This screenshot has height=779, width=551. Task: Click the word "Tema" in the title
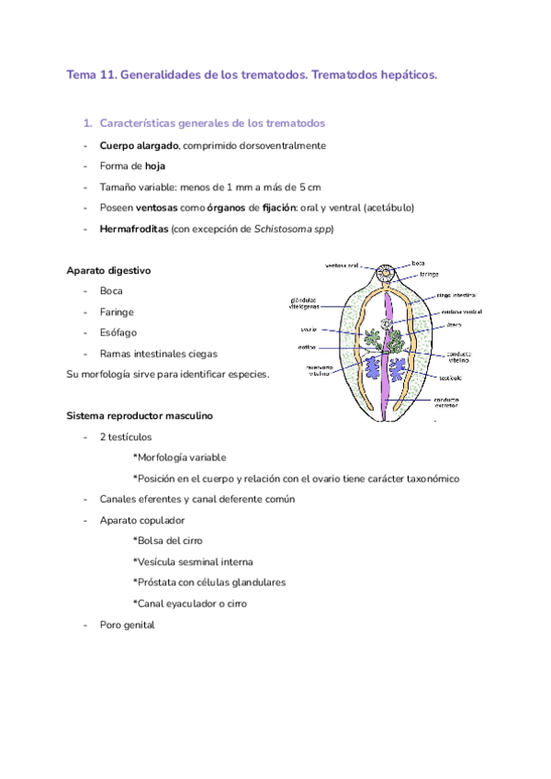point(81,74)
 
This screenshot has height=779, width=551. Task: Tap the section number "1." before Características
point(87,123)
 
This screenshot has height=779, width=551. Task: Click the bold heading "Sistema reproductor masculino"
point(140,415)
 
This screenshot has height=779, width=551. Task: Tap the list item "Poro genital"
point(127,625)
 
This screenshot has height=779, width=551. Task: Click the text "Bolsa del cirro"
point(168,540)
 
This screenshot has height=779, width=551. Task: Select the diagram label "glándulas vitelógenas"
point(304,303)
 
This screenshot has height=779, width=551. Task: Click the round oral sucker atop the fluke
point(388,273)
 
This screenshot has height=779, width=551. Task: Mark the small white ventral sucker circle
point(387,324)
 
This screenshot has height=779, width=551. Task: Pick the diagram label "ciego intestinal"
point(455,296)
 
